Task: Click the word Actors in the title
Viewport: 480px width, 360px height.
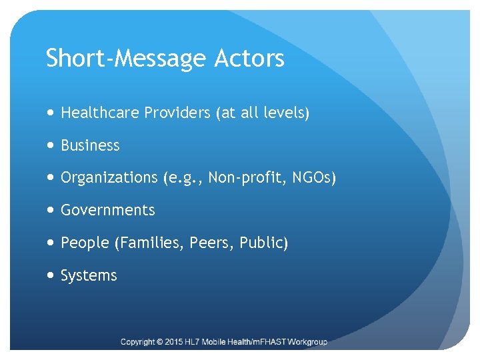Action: click(x=249, y=59)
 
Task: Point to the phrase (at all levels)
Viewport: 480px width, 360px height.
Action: click(x=263, y=113)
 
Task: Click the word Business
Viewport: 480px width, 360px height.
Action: click(x=90, y=145)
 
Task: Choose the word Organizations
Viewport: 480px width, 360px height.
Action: click(x=109, y=178)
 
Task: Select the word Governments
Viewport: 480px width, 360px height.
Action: click(x=107, y=210)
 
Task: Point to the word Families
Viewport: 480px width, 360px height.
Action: click(x=150, y=243)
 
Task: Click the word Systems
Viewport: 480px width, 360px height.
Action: click(x=89, y=275)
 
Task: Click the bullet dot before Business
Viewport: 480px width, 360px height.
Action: click(x=52, y=145)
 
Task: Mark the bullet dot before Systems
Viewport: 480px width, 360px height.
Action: click(x=52, y=275)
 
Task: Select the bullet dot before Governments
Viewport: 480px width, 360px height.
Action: click(x=52, y=210)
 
